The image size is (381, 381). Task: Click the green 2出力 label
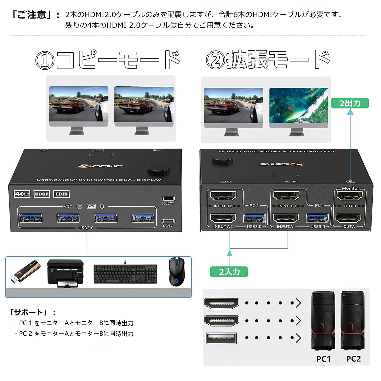click(350, 103)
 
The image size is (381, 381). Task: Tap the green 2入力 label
click(229, 272)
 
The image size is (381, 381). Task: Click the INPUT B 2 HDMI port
click(223, 196)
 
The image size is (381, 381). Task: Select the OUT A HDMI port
click(348, 218)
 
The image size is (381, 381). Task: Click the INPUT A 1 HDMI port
click(286, 218)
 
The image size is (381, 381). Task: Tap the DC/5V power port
click(168, 221)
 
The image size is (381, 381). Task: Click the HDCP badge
click(42, 194)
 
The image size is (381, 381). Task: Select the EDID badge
click(61, 194)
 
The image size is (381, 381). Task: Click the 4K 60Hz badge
click(22, 194)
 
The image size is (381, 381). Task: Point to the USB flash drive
click(25, 272)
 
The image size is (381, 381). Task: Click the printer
click(66, 273)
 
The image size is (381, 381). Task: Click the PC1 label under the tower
click(323, 359)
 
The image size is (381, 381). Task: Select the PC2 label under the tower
click(353, 359)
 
